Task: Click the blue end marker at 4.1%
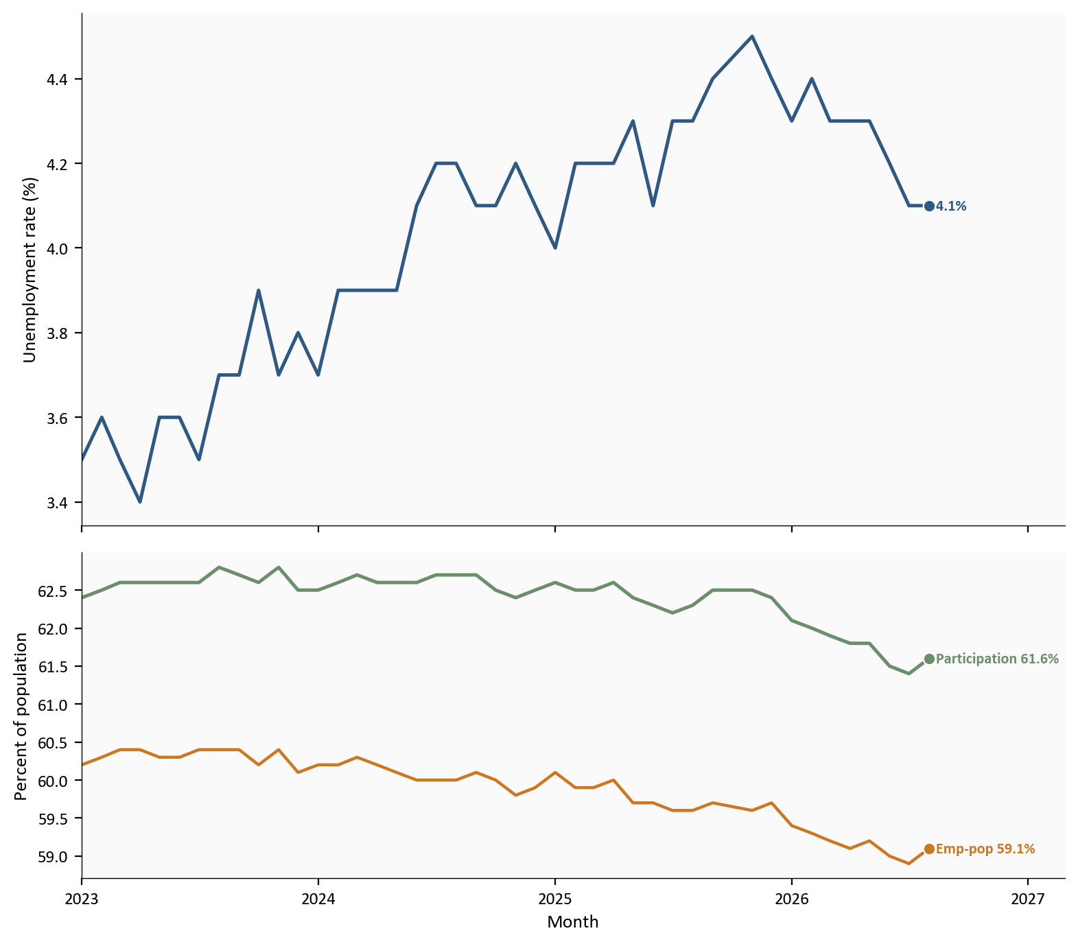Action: [x=929, y=206]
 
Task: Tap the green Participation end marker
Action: [x=929, y=659]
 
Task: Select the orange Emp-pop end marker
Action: [x=929, y=849]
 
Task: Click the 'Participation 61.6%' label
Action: [x=997, y=659]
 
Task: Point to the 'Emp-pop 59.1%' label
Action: [x=985, y=849]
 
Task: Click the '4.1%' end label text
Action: [x=951, y=206]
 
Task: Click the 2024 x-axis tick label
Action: [x=318, y=898]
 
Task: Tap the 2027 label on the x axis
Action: [x=1027, y=898]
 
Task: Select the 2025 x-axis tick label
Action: [x=554, y=898]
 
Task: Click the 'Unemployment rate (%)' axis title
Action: [x=29, y=270]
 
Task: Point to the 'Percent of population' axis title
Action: [x=21, y=716]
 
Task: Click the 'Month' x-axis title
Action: [x=573, y=922]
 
